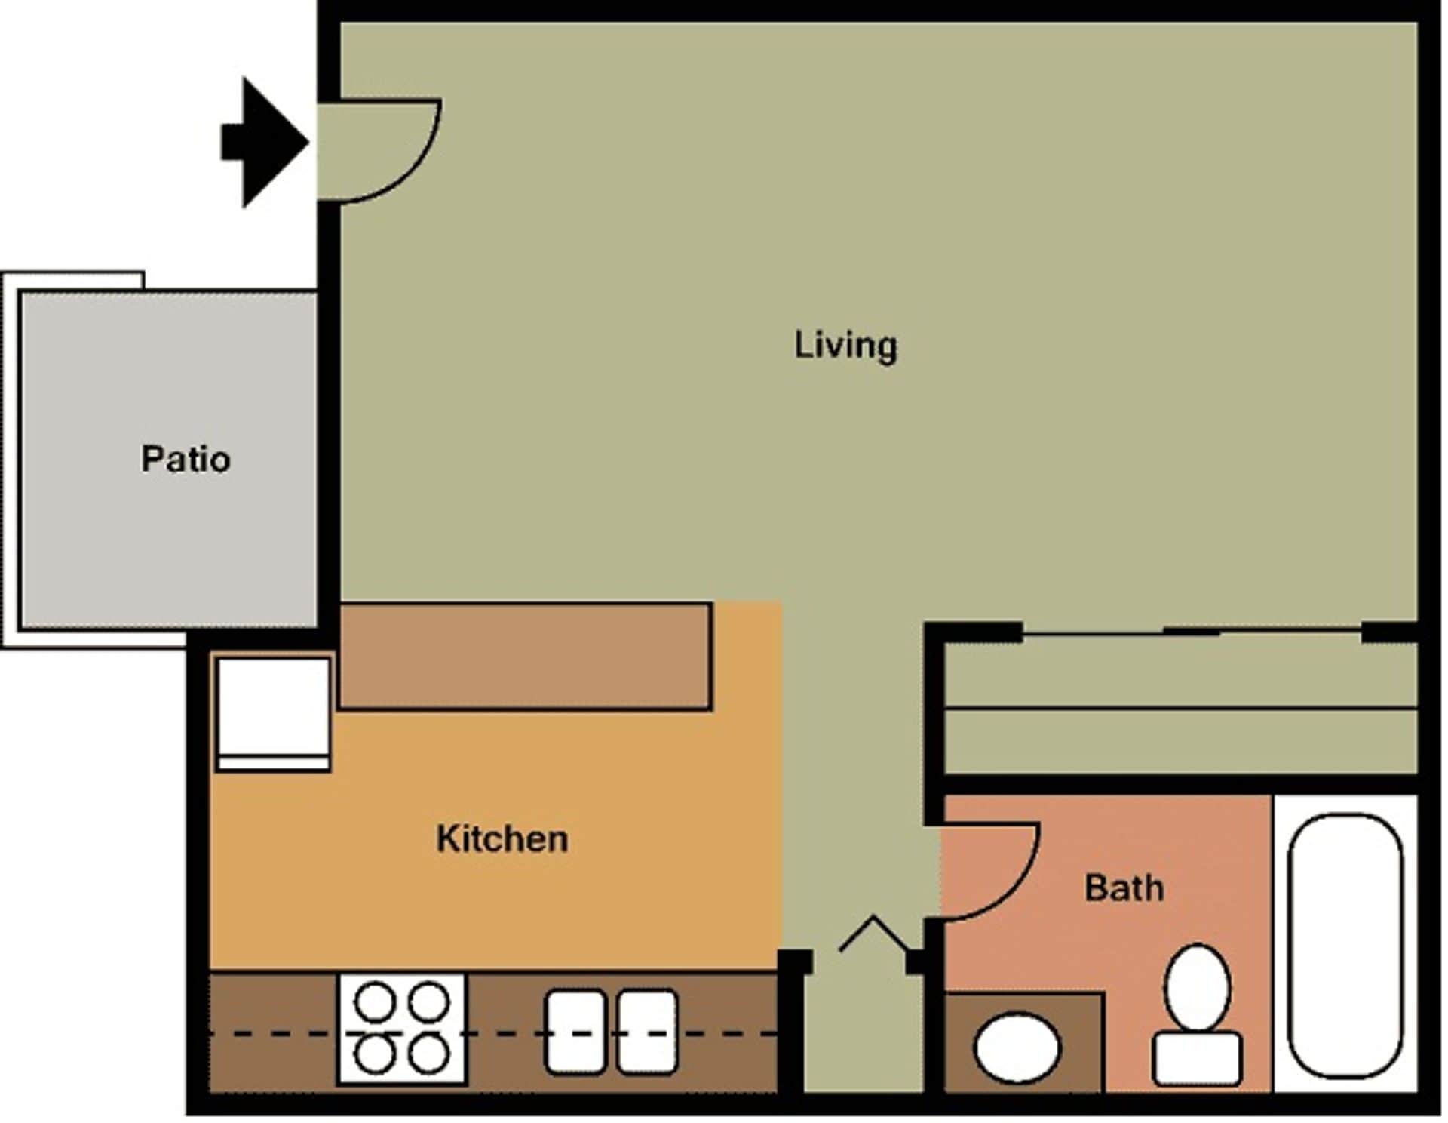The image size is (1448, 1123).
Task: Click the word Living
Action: click(x=845, y=346)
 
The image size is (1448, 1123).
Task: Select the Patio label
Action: click(x=186, y=459)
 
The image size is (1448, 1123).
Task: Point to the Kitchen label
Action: click(x=502, y=839)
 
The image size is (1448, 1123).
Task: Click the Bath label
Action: click(x=1124, y=888)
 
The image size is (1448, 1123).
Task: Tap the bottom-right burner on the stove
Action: click(x=430, y=1054)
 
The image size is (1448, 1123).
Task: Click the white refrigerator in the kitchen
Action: click(x=273, y=713)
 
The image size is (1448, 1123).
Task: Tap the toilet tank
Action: click(x=1197, y=1059)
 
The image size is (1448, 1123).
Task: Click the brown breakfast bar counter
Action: click(x=525, y=656)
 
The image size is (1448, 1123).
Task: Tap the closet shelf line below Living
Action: click(x=1180, y=709)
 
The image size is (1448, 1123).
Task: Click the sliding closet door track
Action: click(x=1192, y=632)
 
